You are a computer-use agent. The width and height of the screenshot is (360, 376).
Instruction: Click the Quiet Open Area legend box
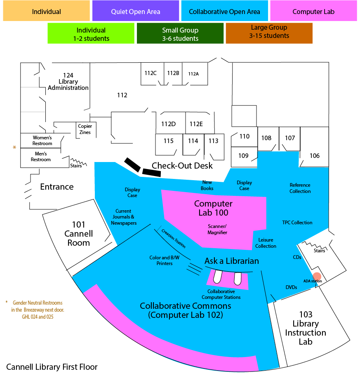click(x=135, y=11)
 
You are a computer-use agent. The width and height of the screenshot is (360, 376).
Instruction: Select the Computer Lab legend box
click(x=313, y=11)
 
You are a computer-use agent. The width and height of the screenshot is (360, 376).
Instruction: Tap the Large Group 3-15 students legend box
click(x=269, y=33)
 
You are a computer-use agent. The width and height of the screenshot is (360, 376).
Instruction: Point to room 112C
click(x=151, y=73)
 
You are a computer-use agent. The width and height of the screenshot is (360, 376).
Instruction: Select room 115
click(x=168, y=141)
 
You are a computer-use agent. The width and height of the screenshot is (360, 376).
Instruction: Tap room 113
click(x=214, y=141)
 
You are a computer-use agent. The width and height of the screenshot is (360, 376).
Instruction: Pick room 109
click(x=243, y=156)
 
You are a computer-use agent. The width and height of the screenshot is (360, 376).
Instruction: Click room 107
click(x=290, y=138)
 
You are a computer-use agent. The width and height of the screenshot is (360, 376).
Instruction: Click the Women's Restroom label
click(x=42, y=140)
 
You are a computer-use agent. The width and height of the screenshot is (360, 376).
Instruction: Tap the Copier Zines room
click(x=85, y=129)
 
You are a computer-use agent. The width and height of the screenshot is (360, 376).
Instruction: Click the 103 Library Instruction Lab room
click(x=306, y=328)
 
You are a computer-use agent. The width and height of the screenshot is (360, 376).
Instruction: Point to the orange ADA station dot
click(x=317, y=276)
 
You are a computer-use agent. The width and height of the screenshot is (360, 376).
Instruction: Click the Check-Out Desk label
click(x=182, y=166)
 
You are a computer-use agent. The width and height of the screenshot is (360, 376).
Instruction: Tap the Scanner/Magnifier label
click(x=217, y=229)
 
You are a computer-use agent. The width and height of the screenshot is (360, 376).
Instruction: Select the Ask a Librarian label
click(x=232, y=261)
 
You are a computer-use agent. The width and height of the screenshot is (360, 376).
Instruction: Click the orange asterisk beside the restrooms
click(x=14, y=147)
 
